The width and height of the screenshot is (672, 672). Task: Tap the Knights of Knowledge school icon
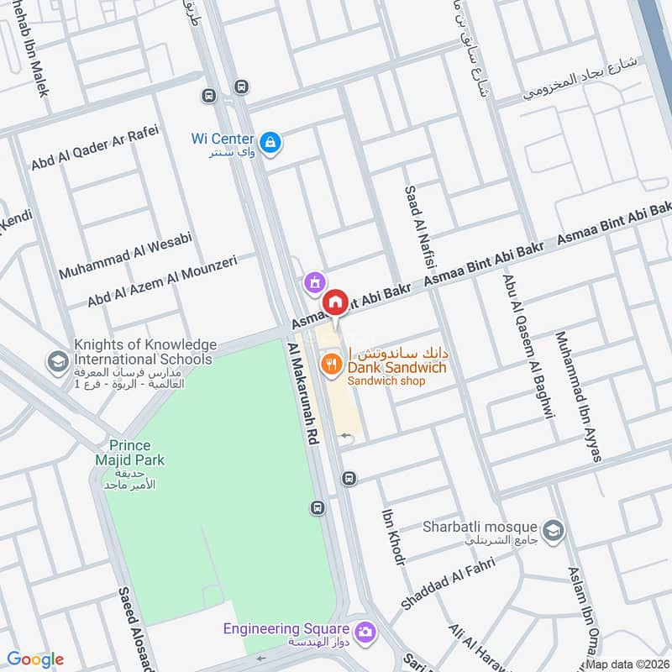click(58, 361)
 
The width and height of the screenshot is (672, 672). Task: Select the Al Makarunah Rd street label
click(303, 393)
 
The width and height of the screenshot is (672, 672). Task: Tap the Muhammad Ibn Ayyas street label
click(578, 396)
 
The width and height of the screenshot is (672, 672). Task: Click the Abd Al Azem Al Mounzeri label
click(162, 281)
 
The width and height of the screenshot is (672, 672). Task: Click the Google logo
click(35, 659)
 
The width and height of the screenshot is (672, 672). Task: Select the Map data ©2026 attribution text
click(626, 664)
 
